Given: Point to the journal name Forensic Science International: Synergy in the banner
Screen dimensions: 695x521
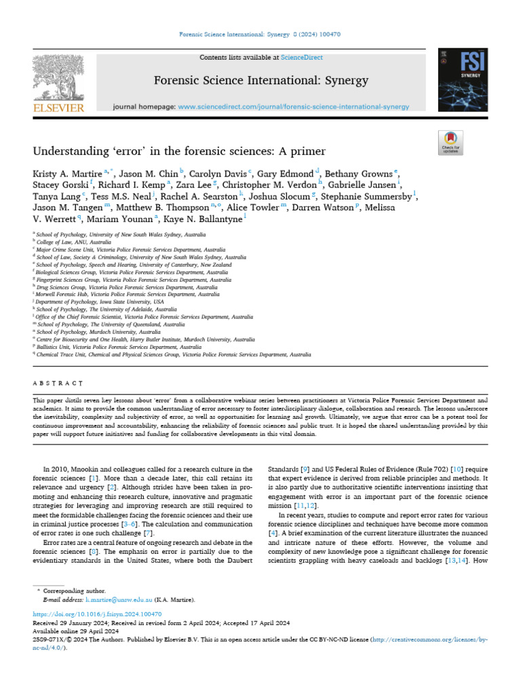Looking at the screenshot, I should point(261,81).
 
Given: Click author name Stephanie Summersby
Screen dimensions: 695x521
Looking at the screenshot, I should point(377,196).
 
